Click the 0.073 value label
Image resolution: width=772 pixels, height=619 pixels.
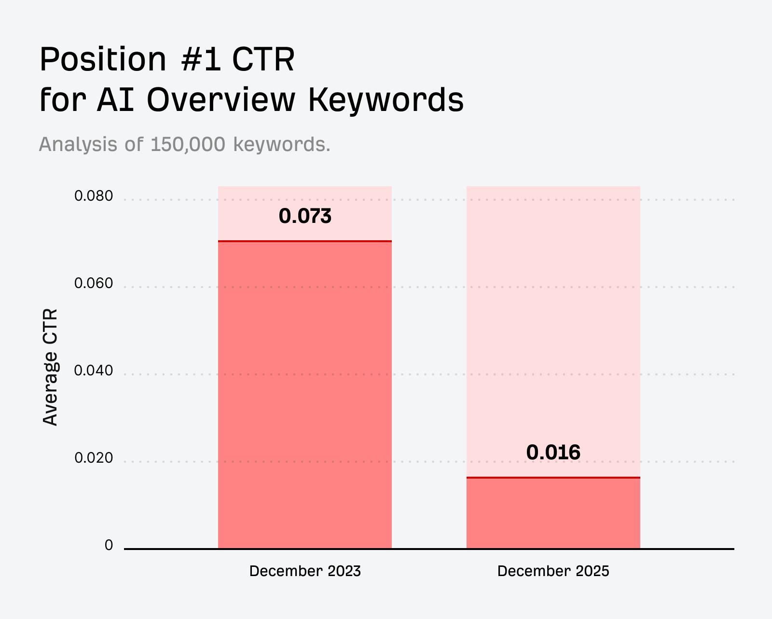pos(305,216)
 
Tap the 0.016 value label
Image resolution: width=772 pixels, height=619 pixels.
pos(553,453)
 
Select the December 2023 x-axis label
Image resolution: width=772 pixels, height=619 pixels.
pos(305,571)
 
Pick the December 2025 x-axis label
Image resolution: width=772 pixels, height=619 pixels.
pos(553,571)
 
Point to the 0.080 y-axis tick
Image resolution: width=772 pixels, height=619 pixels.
pos(94,196)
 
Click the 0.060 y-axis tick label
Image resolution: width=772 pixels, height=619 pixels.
pos(94,284)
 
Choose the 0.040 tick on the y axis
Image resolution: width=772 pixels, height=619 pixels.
pos(94,371)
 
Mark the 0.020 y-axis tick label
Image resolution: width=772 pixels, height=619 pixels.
pos(94,458)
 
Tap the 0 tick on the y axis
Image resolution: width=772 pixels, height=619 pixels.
pos(109,545)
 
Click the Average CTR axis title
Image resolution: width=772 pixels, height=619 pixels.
pos(50,367)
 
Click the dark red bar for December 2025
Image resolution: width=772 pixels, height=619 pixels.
pos(553,513)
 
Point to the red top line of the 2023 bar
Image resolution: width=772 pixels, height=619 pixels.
pos(305,241)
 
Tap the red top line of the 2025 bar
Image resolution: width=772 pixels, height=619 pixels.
pos(553,478)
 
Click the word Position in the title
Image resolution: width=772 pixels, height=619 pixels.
pos(103,60)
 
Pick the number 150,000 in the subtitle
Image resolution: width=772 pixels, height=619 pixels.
pos(188,144)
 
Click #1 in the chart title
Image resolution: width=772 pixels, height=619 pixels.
pos(201,60)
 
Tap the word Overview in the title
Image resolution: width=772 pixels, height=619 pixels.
pos(221,100)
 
